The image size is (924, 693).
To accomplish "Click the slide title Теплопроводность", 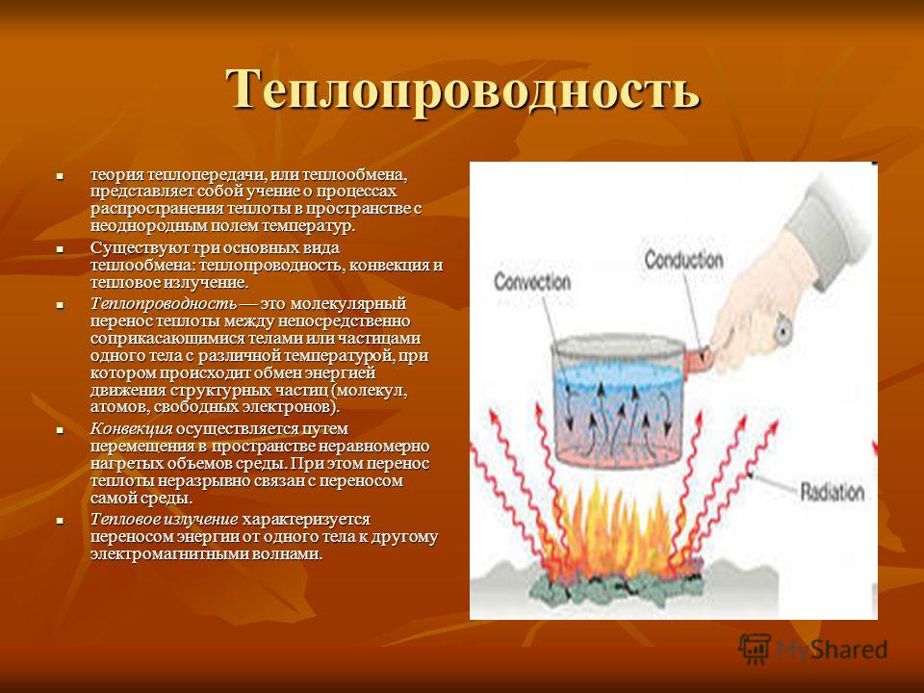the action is click(x=463, y=90).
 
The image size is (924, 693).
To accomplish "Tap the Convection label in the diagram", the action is click(x=532, y=281).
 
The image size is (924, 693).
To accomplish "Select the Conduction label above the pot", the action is click(x=683, y=260).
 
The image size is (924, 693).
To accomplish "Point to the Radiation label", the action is click(x=832, y=492).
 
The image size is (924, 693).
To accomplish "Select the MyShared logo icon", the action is click(x=755, y=650).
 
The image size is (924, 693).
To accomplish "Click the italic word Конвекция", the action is click(x=132, y=429).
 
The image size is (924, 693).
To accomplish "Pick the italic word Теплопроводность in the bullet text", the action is click(x=164, y=304).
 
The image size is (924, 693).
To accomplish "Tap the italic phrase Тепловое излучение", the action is click(x=165, y=520).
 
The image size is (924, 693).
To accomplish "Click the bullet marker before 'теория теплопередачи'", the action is click(x=59, y=175).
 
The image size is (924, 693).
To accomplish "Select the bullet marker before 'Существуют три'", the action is click(x=59, y=249).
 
